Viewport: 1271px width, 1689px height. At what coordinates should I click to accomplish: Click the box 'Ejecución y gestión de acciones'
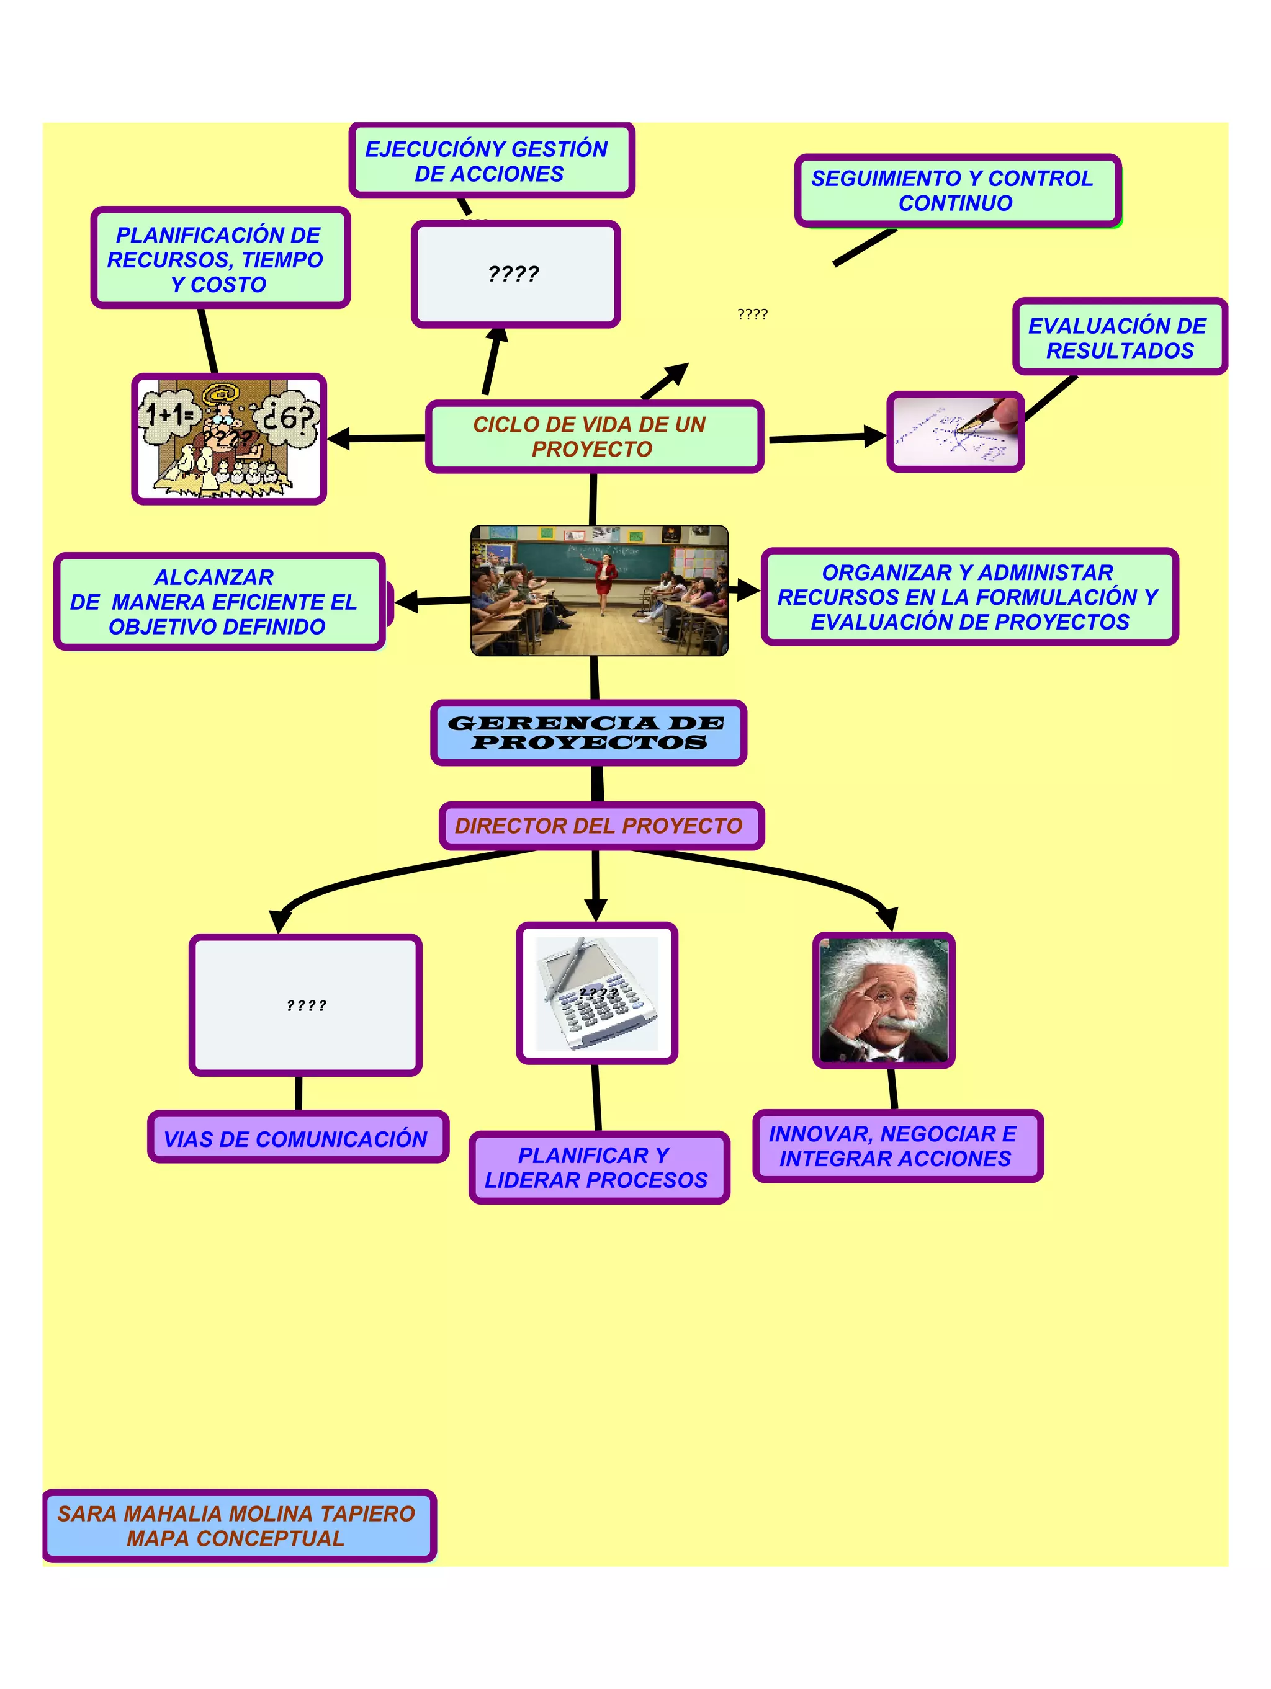(x=491, y=161)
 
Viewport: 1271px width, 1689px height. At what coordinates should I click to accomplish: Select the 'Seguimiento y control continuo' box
(x=956, y=190)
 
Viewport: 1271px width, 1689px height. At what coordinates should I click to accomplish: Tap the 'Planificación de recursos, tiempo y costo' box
(x=220, y=259)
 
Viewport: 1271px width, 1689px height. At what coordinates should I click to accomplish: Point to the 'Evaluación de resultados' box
(x=1119, y=337)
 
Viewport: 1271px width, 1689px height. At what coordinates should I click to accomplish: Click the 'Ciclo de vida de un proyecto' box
(x=593, y=437)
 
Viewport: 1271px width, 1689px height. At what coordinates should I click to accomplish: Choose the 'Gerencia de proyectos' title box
(x=588, y=733)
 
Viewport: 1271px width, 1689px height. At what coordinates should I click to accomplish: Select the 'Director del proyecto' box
(x=600, y=826)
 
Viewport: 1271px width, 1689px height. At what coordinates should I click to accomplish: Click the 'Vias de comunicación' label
(x=297, y=1138)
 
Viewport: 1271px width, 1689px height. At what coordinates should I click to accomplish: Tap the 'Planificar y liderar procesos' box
(x=598, y=1167)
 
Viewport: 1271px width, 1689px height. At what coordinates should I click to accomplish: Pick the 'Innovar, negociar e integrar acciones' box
(x=896, y=1146)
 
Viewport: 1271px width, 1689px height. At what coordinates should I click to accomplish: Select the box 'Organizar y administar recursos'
(x=969, y=597)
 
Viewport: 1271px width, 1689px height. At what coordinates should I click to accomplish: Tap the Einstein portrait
(x=884, y=1000)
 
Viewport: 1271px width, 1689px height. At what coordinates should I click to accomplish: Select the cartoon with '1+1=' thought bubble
(x=228, y=439)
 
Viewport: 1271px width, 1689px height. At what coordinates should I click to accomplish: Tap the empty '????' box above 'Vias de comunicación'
(x=305, y=1005)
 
